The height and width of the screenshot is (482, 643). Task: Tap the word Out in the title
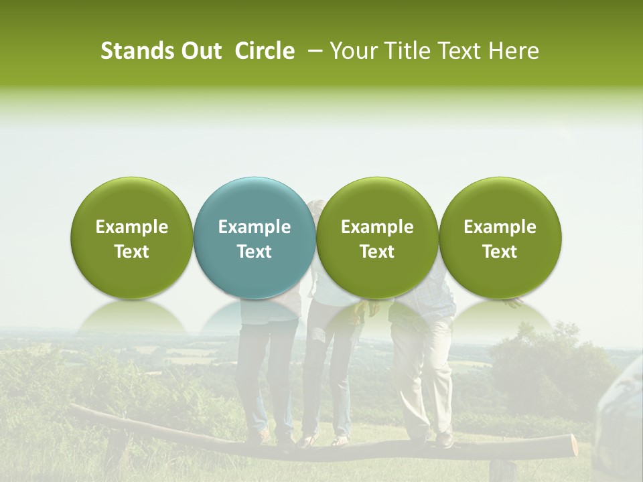[x=198, y=51]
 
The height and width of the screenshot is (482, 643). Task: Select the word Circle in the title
[x=265, y=51]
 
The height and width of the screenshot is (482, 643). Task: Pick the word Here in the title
[x=514, y=51]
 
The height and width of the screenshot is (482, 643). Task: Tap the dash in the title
[x=313, y=51]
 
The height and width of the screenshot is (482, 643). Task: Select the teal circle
[x=255, y=238]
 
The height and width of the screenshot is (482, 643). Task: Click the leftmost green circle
[x=132, y=238]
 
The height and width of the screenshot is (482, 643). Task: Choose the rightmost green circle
[x=500, y=238]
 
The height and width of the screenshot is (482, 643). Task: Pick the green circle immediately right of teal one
[x=377, y=238]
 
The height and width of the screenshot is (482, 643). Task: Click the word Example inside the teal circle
[x=255, y=227]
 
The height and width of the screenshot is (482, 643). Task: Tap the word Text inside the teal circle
[x=255, y=252]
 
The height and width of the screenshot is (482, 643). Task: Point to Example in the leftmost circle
[x=132, y=227]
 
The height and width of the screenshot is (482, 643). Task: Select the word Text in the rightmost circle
[x=500, y=252]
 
